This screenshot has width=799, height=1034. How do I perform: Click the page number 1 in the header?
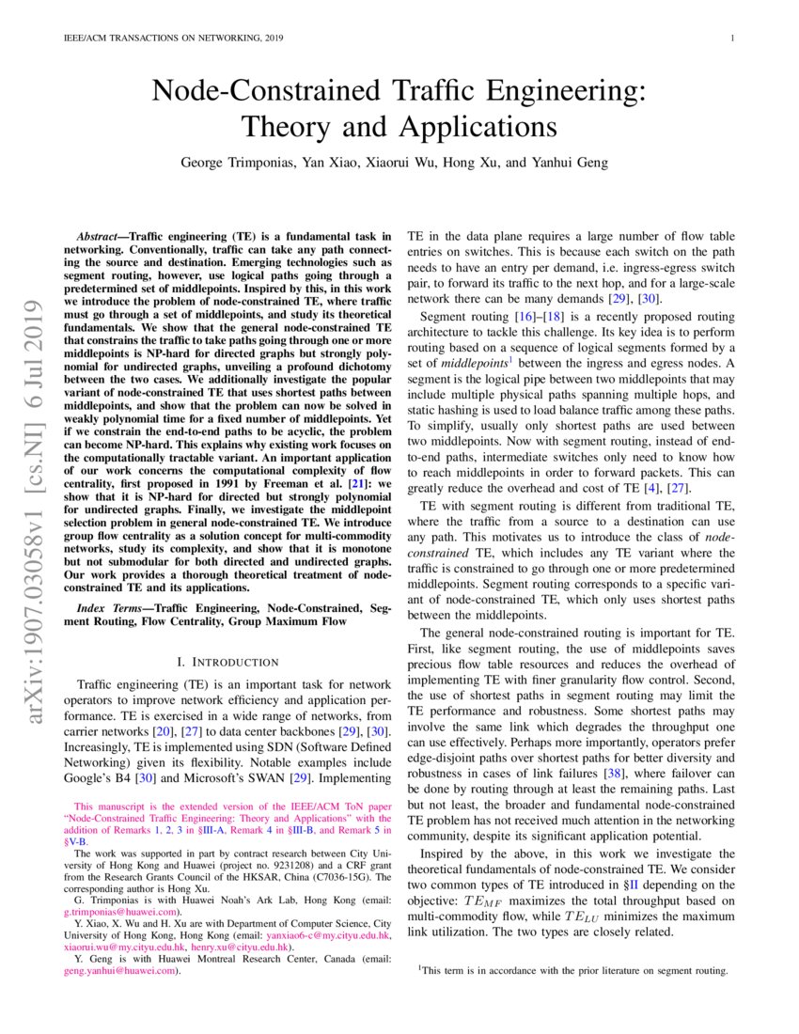click(731, 39)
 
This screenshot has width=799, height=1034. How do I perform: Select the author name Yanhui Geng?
click(571, 162)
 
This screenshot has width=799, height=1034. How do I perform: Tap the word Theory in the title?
click(286, 125)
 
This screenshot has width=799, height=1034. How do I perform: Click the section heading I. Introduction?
click(227, 662)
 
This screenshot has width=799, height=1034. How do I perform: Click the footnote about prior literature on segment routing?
click(573, 970)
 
